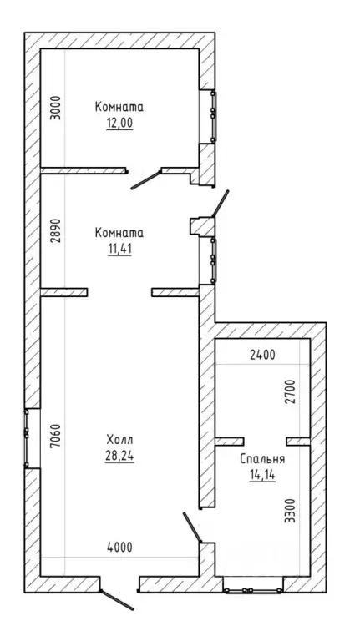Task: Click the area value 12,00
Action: tap(120, 123)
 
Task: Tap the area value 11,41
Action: tap(120, 249)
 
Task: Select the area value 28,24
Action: tap(120, 456)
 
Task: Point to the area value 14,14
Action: tap(262, 475)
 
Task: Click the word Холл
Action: tap(120, 441)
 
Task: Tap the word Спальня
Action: tap(262, 459)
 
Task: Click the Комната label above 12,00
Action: tap(119, 107)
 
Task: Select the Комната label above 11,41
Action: tap(119, 233)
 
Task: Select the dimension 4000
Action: tap(120, 547)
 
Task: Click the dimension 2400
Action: tap(262, 356)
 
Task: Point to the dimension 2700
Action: tap(291, 391)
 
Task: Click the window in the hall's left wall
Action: tap(26, 438)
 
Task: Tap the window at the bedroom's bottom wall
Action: tap(253, 589)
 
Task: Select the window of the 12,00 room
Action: tap(213, 117)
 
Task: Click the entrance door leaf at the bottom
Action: tap(117, 600)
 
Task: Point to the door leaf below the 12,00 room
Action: tap(145, 180)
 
